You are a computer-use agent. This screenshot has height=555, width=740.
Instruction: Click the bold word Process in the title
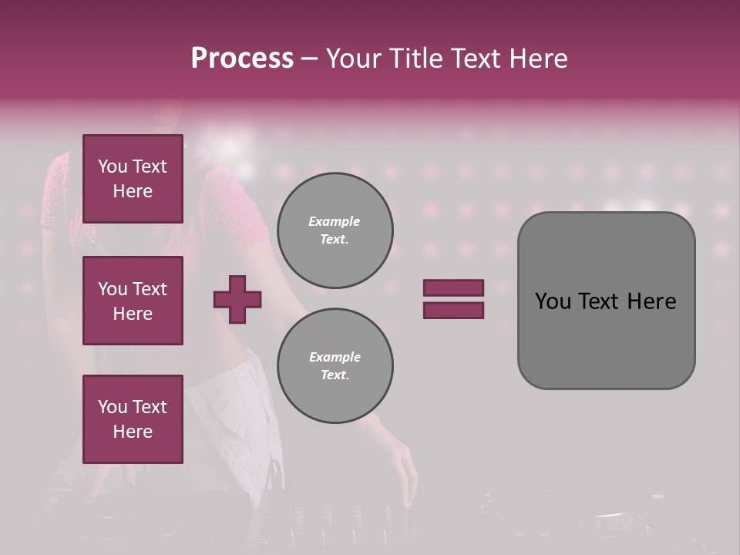pyautogui.click(x=242, y=58)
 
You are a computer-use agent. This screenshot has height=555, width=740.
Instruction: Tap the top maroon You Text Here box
pyautogui.click(x=133, y=179)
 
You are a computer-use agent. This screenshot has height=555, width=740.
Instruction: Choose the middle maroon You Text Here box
pyautogui.click(x=133, y=301)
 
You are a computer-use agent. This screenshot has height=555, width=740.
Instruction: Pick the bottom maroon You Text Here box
pyautogui.click(x=133, y=419)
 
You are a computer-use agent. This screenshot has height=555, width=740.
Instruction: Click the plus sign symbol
pyautogui.click(x=237, y=299)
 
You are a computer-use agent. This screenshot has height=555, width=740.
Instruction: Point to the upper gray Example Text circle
pyautogui.click(x=335, y=230)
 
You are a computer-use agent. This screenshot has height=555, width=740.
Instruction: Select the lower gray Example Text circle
pyautogui.click(x=335, y=366)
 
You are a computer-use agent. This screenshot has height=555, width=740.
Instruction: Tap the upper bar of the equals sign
pyautogui.click(x=453, y=288)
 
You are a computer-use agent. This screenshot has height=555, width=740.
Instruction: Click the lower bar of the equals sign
pyautogui.click(x=453, y=310)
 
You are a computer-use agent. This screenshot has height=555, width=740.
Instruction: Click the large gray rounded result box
pyautogui.click(x=606, y=339)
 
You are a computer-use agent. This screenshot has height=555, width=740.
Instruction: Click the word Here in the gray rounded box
pyautogui.click(x=652, y=301)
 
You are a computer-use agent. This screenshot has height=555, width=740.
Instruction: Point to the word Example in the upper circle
pyautogui.click(x=335, y=222)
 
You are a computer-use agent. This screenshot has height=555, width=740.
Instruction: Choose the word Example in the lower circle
pyautogui.click(x=335, y=358)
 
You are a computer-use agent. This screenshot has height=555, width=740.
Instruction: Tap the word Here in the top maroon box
pyautogui.click(x=133, y=191)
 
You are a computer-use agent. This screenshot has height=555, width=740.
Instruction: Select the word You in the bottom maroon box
pyautogui.click(x=113, y=407)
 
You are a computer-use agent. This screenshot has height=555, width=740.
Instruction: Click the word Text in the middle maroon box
pyautogui.click(x=150, y=289)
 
